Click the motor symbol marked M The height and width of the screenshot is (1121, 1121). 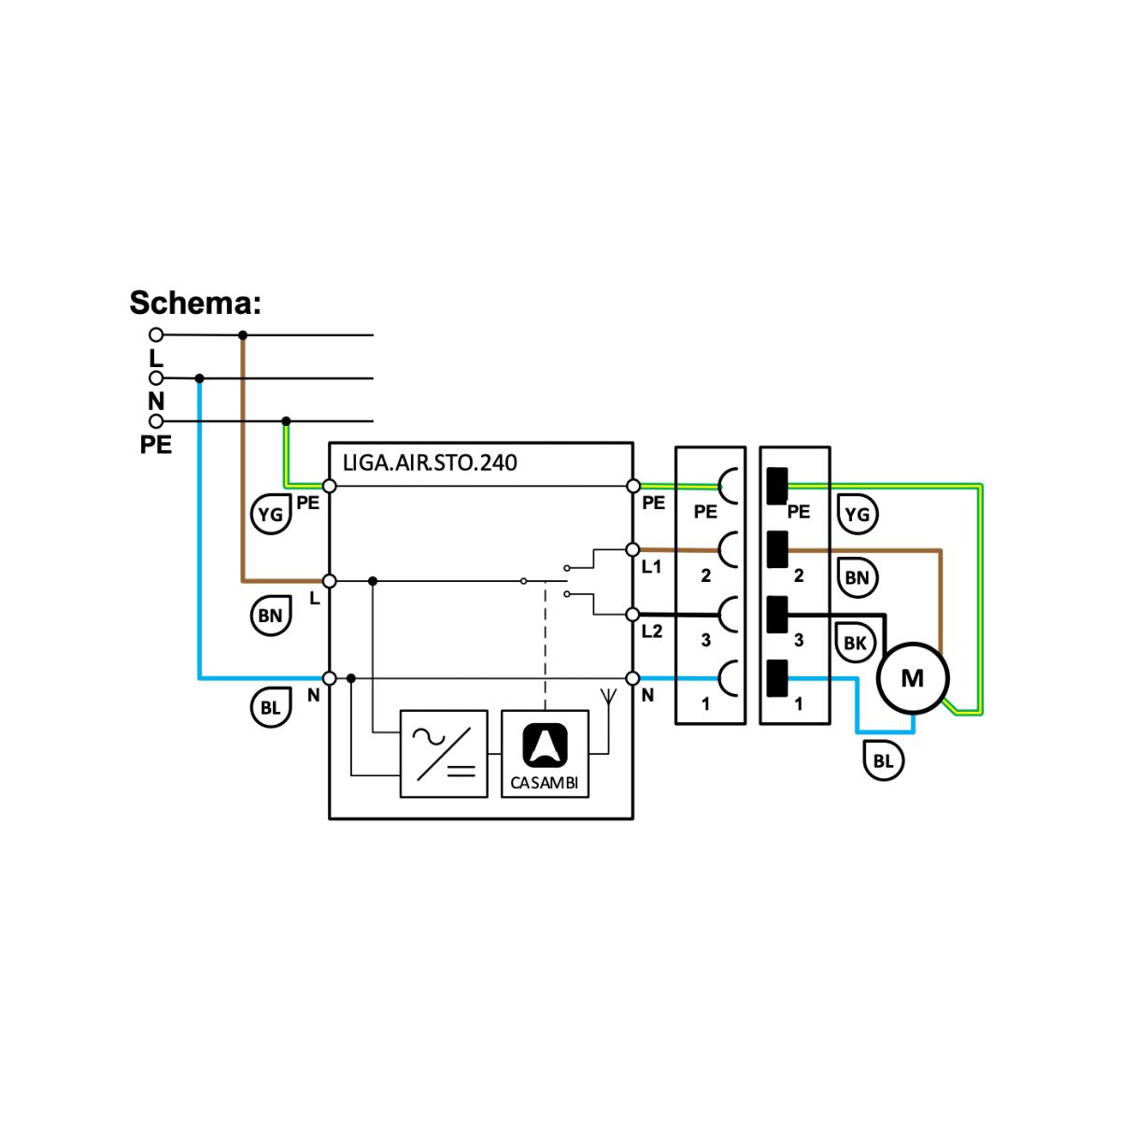(x=912, y=678)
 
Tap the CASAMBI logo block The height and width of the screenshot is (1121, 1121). (x=546, y=753)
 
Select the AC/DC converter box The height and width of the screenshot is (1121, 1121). (x=444, y=753)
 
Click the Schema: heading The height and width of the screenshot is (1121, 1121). (x=195, y=304)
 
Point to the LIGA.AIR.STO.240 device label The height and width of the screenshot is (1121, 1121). (x=430, y=462)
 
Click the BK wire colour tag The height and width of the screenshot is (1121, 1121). (x=855, y=643)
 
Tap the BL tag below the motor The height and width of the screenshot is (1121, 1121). (x=883, y=760)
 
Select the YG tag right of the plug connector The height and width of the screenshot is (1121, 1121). (x=857, y=514)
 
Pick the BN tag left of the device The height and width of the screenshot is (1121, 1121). (x=270, y=616)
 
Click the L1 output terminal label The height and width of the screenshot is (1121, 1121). (x=651, y=567)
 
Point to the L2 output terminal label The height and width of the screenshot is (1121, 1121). (x=651, y=631)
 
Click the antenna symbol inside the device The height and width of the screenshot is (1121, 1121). (x=608, y=696)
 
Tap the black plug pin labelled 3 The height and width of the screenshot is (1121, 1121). (x=776, y=614)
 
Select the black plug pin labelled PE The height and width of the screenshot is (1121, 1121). (x=776, y=486)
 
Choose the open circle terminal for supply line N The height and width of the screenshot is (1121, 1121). (x=156, y=378)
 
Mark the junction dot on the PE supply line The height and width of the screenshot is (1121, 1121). (x=286, y=421)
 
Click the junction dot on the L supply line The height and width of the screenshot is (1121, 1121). (x=243, y=334)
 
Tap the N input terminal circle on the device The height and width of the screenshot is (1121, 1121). (x=329, y=678)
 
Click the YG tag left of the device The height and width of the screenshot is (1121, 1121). (x=270, y=514)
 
